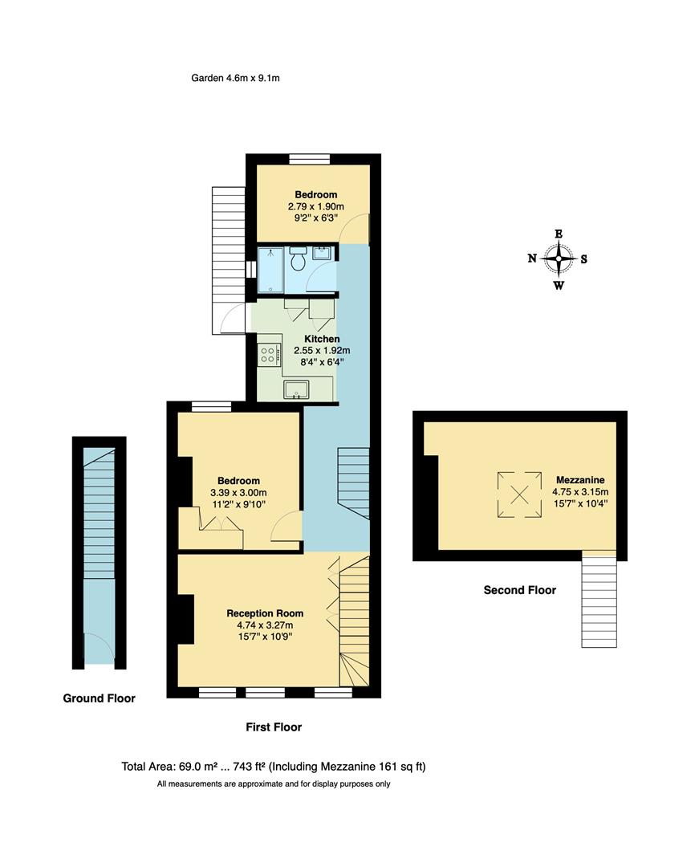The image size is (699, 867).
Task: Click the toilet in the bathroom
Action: (298, 260)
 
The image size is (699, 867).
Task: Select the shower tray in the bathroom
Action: (270, 271)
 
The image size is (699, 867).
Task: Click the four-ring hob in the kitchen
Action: (267, 354)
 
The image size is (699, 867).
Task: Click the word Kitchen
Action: (321, 340)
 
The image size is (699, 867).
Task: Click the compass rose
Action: (558, 258)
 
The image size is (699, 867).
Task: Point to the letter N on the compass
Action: (532, 258)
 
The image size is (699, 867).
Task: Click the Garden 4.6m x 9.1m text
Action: (235, 78)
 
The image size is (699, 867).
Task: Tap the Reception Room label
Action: (264, 613)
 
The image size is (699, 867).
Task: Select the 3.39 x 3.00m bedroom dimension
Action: (238, 492)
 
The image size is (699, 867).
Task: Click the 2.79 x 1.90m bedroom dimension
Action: (315, 206)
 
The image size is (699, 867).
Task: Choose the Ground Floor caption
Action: (99, 698)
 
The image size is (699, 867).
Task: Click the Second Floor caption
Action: (519, 590)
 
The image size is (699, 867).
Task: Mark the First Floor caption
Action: (273, 727)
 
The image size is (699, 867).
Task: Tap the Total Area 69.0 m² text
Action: (273, 767)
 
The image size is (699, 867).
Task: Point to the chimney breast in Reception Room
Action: (185, 619)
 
